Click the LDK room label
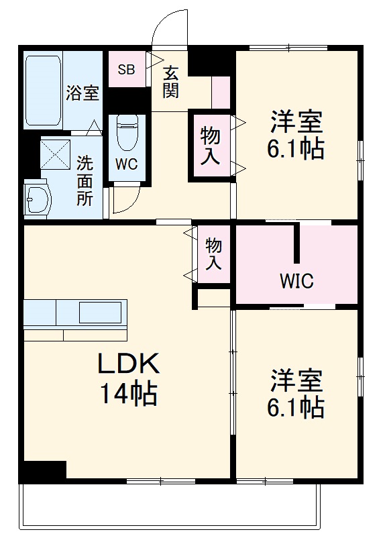tap(128, 364)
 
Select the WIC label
tap(296, 281)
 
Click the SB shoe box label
tap(126, 69)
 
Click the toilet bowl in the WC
tap(127, 133)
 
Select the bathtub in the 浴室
tap(43, 90)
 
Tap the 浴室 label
tap(82, 93)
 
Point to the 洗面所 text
tap(85, 181)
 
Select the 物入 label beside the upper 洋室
tap(211, 146)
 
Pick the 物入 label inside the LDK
tap(213, 253)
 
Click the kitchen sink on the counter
tap(100, 313)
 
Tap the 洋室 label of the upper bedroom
tap(296, 123)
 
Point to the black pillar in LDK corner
tap(44, 471)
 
